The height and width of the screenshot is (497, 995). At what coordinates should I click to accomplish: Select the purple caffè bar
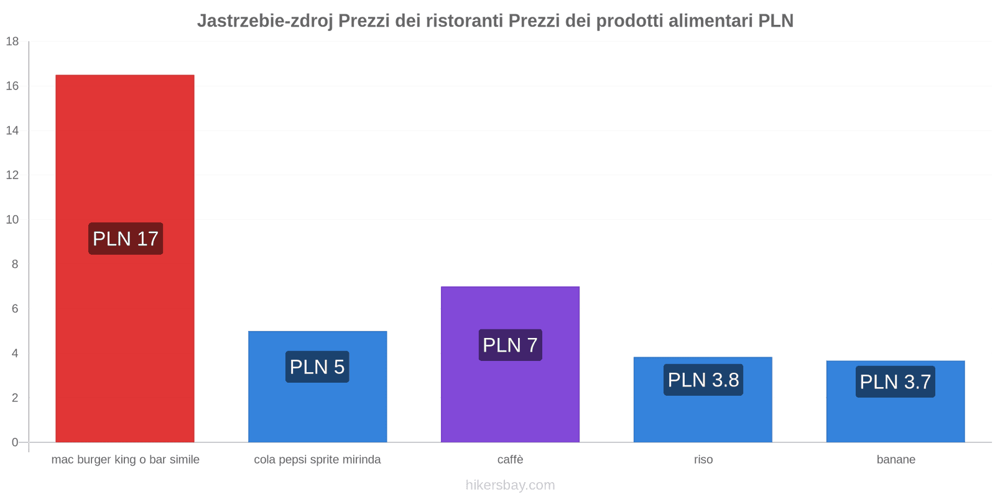tap(510, 398)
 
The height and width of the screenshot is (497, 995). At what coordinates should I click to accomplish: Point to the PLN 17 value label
tap(126, 239)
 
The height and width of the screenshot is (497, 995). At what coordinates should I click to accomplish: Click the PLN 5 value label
tap(317, 367)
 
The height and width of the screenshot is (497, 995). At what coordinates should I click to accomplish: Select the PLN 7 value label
tap(510, 345)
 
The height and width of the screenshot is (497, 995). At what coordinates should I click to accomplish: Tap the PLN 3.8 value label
tap(703, 380)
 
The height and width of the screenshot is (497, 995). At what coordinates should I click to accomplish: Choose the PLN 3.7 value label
tap(895, 381)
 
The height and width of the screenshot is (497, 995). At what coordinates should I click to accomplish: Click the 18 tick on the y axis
tap(12, 42)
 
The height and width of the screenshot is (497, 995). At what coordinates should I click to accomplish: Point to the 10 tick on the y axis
tap(12, 219)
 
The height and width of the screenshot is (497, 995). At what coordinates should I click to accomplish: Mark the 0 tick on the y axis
tap(15, 442)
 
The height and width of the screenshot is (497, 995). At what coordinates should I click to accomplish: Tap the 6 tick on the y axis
tap(15, 309)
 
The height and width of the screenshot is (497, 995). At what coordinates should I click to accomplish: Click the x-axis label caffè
tap(510, 460)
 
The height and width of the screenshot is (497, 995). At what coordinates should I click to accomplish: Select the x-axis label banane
tap(895, 460)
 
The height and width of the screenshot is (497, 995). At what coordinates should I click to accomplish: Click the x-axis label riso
tap(703, 460)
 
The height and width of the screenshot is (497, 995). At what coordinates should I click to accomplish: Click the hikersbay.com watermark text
tap(510, 485)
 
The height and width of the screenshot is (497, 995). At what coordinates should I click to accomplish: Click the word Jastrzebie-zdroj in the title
tap(265, 21)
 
